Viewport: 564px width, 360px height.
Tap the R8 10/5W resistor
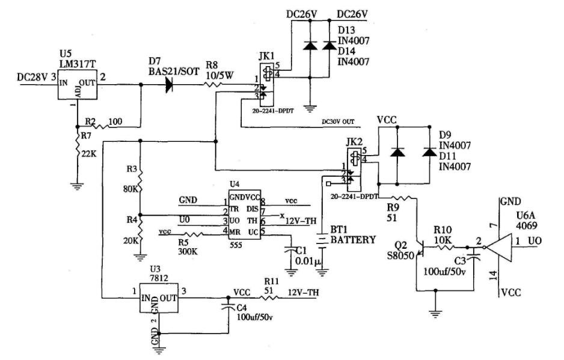pyautogui.click(x=216, y=85)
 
